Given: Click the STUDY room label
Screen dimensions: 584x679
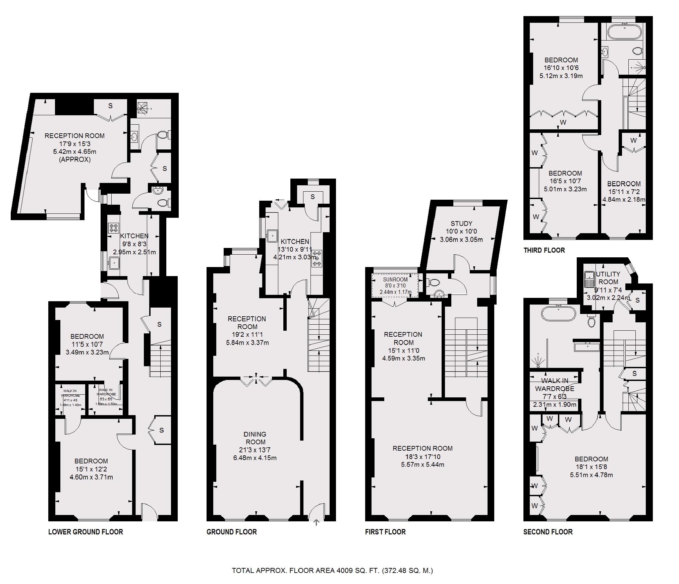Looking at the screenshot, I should (461, 223).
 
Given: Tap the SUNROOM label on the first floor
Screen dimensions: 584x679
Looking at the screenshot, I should (395, 279).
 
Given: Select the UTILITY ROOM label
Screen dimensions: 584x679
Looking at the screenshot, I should (608, 278).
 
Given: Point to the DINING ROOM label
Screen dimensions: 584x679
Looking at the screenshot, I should (255, 438).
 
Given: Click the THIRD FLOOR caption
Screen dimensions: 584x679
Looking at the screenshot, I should (544, 250).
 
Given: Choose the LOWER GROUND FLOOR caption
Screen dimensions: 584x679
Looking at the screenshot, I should (86, 532).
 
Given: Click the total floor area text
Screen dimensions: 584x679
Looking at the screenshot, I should (332, 570).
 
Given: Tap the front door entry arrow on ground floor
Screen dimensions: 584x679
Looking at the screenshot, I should (317, 522).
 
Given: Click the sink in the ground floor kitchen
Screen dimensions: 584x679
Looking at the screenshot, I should (272, 236).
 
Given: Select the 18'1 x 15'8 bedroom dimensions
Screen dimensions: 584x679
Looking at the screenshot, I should (591, 467).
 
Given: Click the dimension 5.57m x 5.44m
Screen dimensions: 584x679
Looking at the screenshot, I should (422, 464).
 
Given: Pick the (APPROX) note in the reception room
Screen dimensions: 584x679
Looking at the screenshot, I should (75, 159).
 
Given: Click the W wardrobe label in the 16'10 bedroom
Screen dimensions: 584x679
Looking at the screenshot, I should (563, 122).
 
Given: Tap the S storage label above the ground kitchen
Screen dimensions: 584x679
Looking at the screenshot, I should (313, 197).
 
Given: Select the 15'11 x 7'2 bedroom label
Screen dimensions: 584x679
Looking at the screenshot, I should (624, 192).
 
